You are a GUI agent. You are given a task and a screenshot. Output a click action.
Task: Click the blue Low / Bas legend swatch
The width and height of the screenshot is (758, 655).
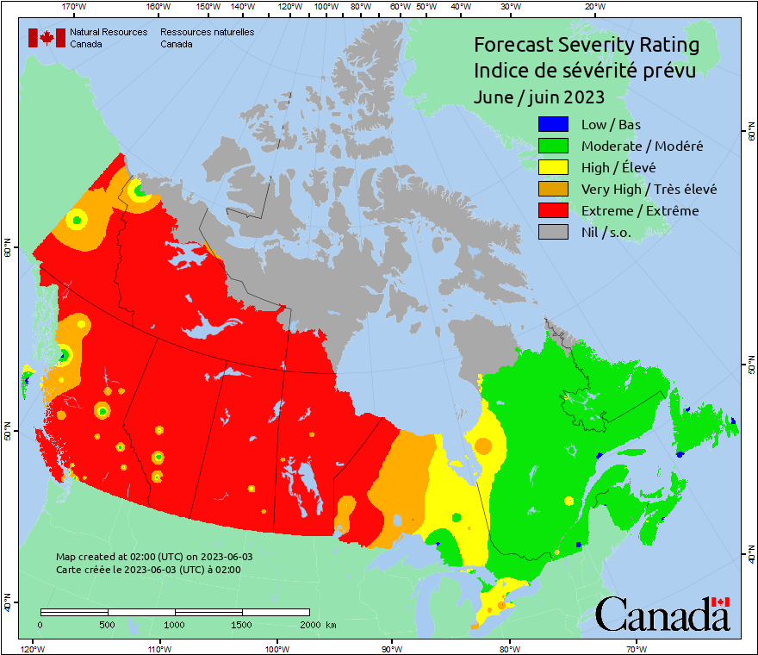(x=553, y=125)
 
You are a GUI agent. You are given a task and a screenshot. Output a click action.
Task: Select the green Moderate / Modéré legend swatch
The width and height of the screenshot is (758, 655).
(x=553, y=147)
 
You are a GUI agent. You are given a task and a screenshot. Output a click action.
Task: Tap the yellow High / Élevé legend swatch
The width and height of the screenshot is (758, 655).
(x=553, y=168)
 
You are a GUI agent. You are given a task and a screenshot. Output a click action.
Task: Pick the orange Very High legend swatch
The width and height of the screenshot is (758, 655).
(x=553, y=189)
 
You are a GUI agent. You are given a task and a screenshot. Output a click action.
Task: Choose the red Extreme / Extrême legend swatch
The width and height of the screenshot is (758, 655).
(x=553, y=210)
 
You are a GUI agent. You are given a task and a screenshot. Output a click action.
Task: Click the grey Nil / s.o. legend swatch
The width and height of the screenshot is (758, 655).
(x=553, y=232)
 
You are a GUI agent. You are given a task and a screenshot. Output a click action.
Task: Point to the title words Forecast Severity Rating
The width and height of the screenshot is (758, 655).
(x=586, y=45)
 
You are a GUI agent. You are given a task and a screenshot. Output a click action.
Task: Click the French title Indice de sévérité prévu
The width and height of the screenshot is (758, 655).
(x=584, y=70)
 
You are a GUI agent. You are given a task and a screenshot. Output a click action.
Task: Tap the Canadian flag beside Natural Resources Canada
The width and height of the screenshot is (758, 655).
(x=47, y=37)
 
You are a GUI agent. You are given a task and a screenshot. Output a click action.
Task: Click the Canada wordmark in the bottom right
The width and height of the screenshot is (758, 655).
(x=662, y=614)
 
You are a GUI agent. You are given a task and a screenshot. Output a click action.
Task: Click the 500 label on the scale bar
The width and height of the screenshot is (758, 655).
(x=108, y=624)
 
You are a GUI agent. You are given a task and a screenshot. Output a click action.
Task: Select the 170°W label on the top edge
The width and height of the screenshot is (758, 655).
(x=74, y=7)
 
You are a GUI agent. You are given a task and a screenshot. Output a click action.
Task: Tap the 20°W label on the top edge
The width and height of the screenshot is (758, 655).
(x=593, y=7)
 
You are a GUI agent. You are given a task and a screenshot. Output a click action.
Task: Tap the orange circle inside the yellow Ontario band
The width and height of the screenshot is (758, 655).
(x=482, y=446)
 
